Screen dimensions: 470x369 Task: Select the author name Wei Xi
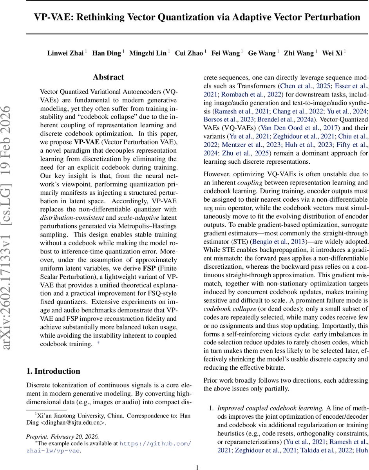332,53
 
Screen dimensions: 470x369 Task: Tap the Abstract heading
109,77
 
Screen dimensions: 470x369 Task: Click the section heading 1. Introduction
53,371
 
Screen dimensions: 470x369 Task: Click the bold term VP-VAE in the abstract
86,142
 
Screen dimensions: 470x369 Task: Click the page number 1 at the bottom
197,467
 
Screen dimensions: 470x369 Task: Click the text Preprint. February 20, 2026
63,436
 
